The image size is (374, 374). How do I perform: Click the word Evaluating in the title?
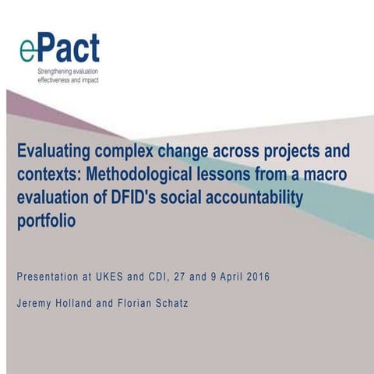tap(55, 150)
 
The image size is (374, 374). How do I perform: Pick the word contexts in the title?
tap(48, 172)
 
